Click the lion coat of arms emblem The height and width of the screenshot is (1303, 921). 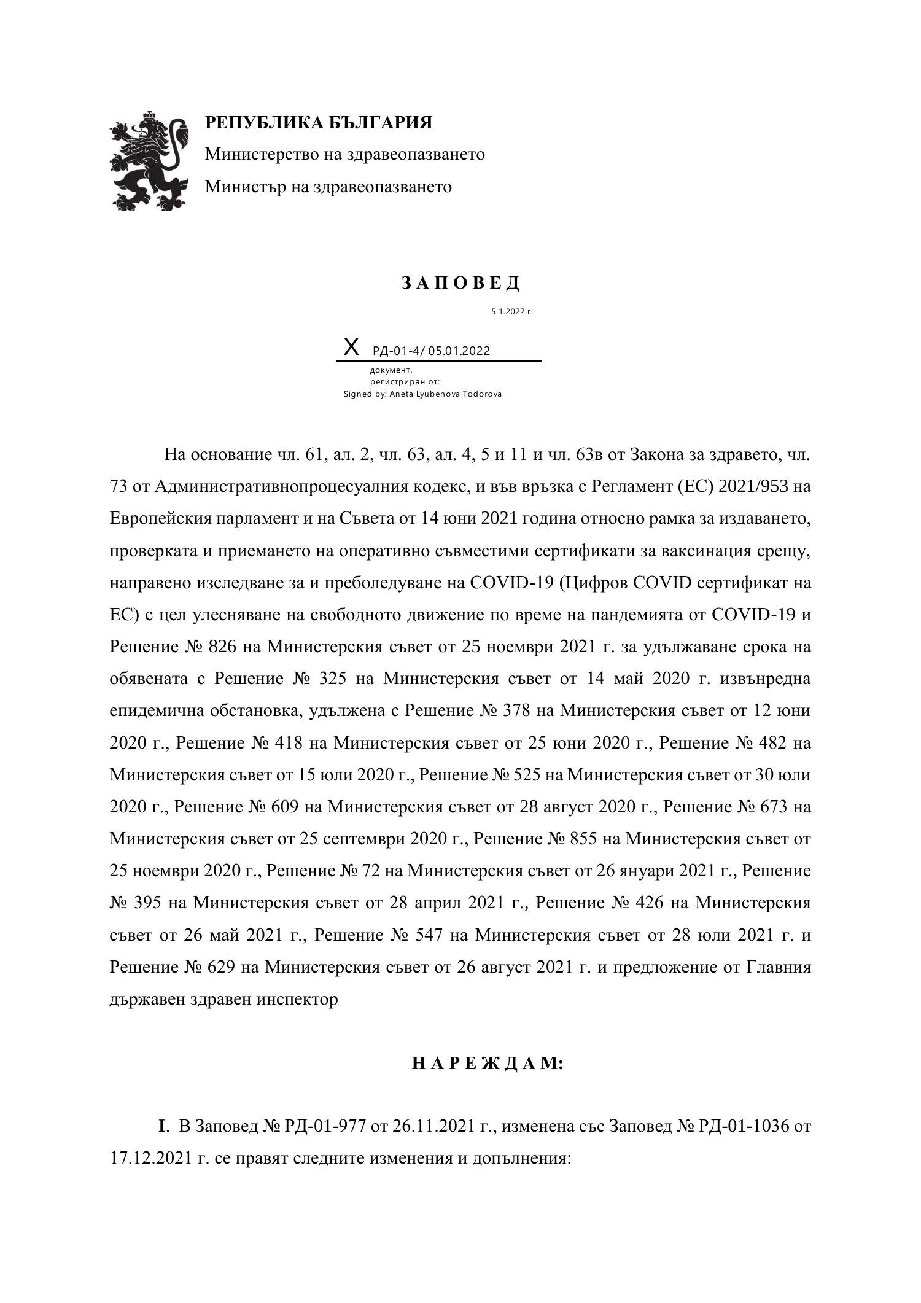click(149, 161)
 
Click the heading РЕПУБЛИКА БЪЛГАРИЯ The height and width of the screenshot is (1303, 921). click(318, 123)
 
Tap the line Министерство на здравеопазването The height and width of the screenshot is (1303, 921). click(344, 154)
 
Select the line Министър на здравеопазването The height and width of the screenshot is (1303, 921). click(328, 186)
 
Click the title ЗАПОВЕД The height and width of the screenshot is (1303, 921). click(460, 283)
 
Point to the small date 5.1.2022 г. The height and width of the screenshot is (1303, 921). click(511, 312)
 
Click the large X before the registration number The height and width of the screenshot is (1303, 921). click(351, 348)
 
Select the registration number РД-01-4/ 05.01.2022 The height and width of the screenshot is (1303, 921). click(431, 351)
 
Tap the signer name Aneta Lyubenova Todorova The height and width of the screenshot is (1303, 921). click(445, 394)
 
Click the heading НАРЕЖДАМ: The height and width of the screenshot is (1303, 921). click(487, 1064)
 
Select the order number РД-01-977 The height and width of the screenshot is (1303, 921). click(326, 1127)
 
